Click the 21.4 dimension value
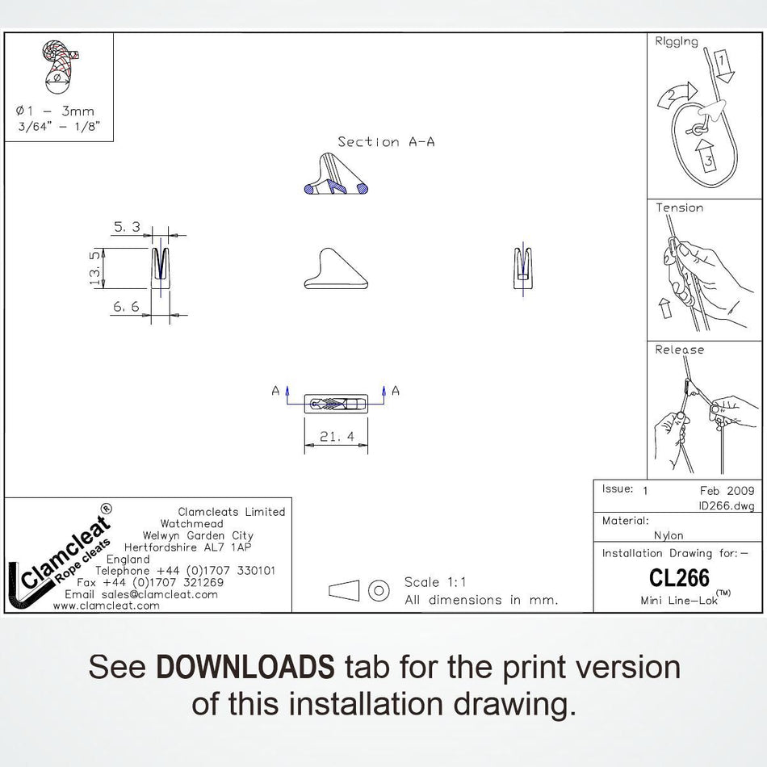(337, 436)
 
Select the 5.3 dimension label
(128, 227)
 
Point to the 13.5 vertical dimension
(95, 268)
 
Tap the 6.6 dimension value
(126, 307)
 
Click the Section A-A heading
(386, 142)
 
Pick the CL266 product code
(679, 578)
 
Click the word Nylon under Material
(669, 535)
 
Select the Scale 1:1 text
(435, 582)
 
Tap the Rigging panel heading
(677, 41)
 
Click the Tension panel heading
(680, 207)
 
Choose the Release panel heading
(680, 350)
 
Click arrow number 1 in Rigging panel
(722, 65)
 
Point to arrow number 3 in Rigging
(704, 156)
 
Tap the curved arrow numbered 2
(677, 94)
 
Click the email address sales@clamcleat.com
(160, 594)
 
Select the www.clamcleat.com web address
(106, 606)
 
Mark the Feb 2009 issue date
(727, 491)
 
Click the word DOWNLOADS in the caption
(245, 666)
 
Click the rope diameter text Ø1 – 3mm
(55, 111)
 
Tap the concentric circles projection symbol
(378, 590)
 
